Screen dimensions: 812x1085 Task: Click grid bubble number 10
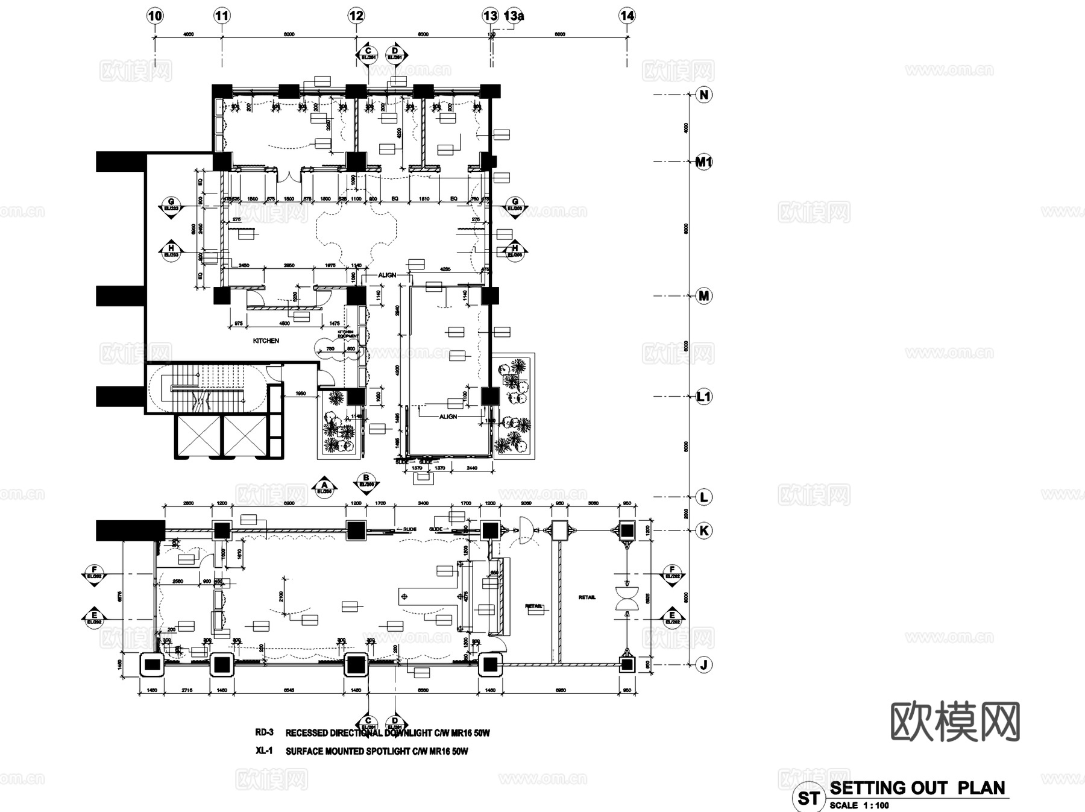coord(155,16)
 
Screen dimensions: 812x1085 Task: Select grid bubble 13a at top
coord(514,16)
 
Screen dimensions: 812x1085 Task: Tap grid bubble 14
coord(627,16)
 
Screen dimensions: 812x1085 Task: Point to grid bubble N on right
coord(703,95)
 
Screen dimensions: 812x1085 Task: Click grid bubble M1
coord(703,162)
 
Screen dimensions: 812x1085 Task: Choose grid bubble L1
coord(703,397)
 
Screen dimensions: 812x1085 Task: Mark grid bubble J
coord(703,665)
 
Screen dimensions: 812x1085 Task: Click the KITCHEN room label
coord(266,341)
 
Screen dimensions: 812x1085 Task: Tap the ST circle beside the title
coord(808,798)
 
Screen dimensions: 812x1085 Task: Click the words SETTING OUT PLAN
coord(917,788)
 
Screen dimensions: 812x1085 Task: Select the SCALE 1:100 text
coord(859,805)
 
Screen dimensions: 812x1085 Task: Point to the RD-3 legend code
coord(264,732)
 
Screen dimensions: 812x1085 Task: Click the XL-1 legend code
coord(264,751)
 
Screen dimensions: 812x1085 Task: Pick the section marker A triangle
coord(324,486)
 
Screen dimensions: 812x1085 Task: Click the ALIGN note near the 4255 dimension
coord(387,275)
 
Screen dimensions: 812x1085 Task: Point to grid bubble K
coord(703,530)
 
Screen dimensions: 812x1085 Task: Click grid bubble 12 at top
coord(356,16)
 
